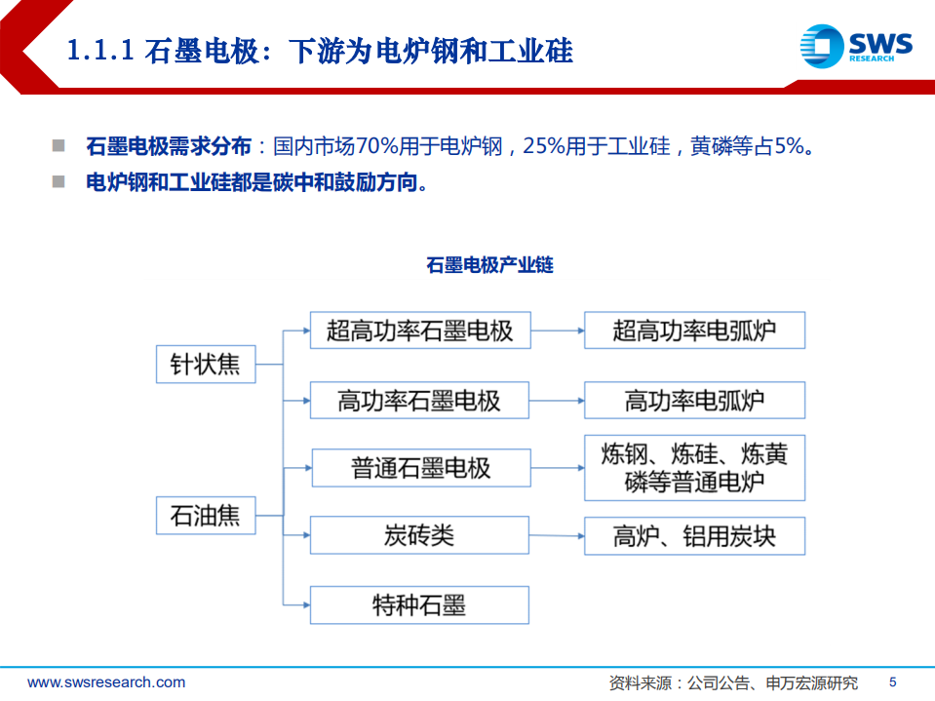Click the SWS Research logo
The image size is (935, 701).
(x=855, y=47)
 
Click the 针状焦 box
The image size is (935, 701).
(x=206, y=365)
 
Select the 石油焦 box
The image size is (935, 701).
(x=206, y=514)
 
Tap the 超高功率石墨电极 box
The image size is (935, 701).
(x=419, y=331)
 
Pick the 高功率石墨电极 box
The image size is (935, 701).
(x=419, y=400)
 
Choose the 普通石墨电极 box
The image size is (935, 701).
(x=421, y=468)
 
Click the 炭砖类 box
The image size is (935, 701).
(x=419, y=535)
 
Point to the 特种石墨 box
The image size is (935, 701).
(x=419, y=604)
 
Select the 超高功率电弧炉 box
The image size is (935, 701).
(x=694, y=331)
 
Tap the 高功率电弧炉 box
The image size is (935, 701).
(x=694, y=400)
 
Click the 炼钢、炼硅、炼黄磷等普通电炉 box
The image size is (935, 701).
(x=694, y=468)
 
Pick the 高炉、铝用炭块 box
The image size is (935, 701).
(x=694, y=535)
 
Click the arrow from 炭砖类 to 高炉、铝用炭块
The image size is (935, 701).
(x=556, y=535)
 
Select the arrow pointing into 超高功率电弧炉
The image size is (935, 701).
(x=556, y=331)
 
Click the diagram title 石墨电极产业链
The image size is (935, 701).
(x=489, y=265)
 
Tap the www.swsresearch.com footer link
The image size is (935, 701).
(x=106, y=682)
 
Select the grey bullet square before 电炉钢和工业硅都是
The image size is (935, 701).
(x=59, y=181)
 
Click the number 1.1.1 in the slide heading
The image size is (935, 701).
(x=99, y=51)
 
